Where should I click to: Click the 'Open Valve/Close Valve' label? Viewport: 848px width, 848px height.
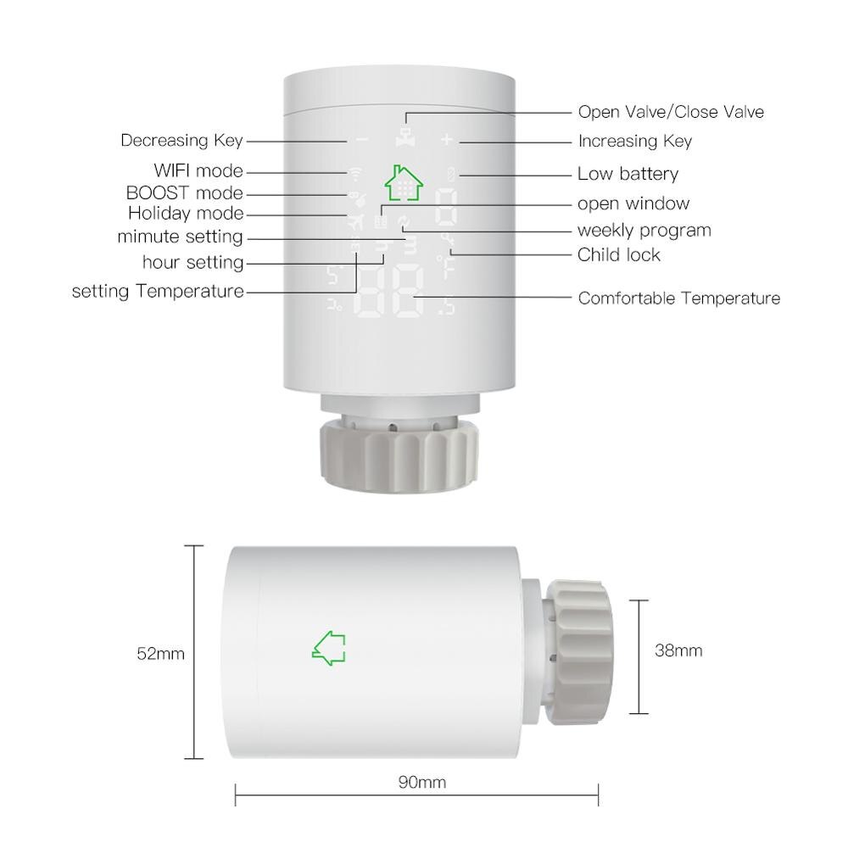click(671, 112)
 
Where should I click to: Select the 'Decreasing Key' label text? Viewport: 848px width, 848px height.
click(181, 141)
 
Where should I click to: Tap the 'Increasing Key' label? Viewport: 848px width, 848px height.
click(634, 141)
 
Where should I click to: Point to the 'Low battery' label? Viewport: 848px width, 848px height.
click(628, 174)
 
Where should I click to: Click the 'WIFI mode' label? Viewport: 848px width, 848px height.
click(198, 171)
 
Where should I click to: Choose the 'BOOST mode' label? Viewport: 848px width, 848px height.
click(184, 193)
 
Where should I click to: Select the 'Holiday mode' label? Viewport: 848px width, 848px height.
click(186, 214)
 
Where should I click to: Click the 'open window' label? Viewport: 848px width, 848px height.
click(633, 204)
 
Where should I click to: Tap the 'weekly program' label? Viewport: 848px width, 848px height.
click(644, 231)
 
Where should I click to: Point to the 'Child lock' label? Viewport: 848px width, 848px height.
click(618, 254)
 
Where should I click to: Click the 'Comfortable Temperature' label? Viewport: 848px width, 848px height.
click(678, 298)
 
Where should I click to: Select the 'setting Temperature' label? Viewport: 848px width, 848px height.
click(158, 292)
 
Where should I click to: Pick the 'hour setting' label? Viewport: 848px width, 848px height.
click(192, 263)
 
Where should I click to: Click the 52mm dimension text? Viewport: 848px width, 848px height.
click(160, 654)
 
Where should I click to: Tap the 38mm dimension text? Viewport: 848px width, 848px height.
click(678, 651)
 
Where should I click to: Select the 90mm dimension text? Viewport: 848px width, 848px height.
click(421, 782)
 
